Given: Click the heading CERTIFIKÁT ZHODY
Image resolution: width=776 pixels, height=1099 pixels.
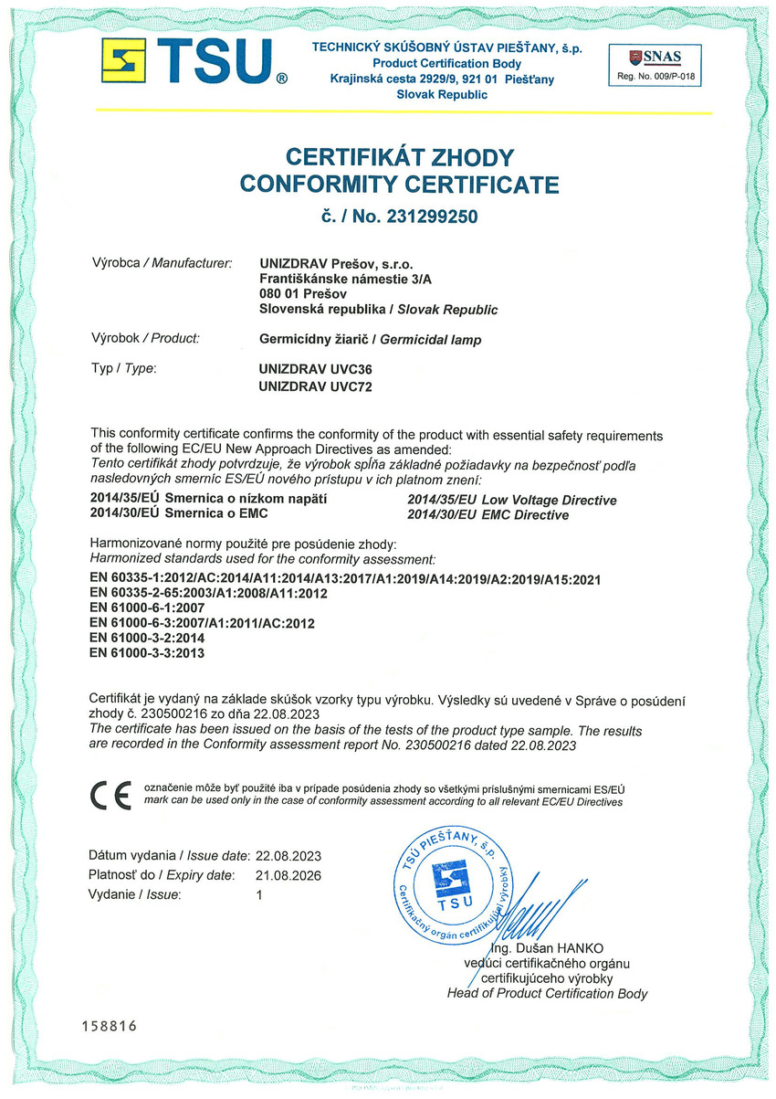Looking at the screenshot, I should click(x=399, y=157).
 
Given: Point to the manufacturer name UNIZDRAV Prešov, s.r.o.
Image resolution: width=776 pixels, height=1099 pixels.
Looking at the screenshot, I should click(x=345, y=263).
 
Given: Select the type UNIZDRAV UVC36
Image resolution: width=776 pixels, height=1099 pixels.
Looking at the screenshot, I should click(x=316, y=370).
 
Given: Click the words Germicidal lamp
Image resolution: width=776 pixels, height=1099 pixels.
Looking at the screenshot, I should click(x=430, y=339).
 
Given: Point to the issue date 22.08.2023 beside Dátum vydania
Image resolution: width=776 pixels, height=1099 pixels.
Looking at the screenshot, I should click(x=289, y=856).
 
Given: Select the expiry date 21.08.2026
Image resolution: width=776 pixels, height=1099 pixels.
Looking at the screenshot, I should click(x=289, y=875).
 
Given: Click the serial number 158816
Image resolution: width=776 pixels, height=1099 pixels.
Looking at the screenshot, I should click(x=109, y=1026).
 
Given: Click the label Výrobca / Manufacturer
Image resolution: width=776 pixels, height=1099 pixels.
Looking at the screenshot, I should click(x=162, y=263).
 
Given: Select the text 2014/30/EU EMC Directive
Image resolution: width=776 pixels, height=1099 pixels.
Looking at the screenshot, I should click(x=488, y=515).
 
